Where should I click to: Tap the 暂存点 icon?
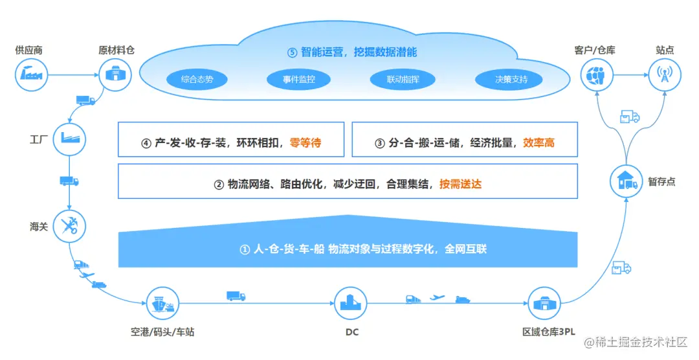point(627,182)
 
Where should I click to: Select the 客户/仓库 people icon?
point(596,74)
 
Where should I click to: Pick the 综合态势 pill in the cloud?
point(197,80)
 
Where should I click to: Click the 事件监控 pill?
point(298,80)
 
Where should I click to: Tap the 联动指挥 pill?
point(401,80)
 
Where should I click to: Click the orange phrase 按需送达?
point(460,184)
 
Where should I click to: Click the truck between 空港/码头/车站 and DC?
point(236,296)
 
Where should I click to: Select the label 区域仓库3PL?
point(548,332)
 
